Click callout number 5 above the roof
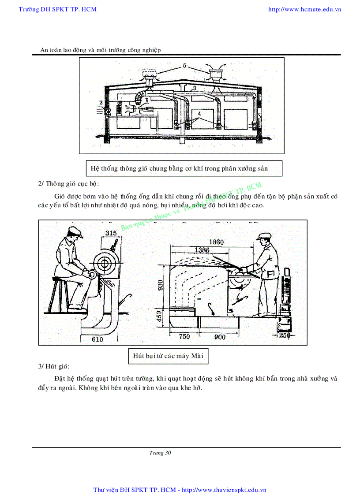185,66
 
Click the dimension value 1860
216,242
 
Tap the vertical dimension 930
162,286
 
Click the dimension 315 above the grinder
111,233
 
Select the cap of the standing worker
264,236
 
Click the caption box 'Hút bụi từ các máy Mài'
168,356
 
